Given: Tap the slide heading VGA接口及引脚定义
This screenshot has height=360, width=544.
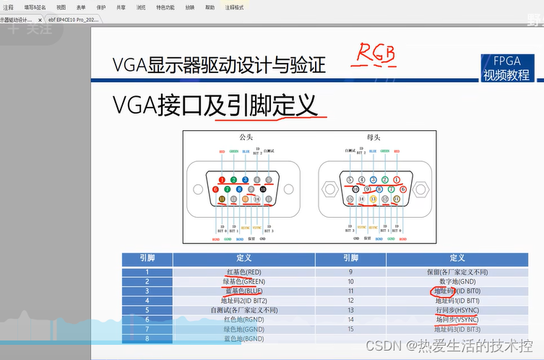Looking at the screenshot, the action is [215, 106].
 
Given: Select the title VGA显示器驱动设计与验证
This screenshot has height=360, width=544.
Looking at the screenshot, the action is [219, 65].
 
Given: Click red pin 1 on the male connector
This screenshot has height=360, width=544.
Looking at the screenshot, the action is [223, 179].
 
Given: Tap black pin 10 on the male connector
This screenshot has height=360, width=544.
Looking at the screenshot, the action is [264, 189].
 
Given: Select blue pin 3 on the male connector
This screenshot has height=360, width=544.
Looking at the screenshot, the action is [246, 179].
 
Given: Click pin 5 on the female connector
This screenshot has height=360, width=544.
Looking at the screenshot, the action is [350, 179].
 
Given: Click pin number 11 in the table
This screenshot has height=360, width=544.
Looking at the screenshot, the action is [350, 291].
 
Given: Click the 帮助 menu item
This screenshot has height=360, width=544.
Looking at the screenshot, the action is [210, 7].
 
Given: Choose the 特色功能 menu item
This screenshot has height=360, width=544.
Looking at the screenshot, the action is [165, 7].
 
